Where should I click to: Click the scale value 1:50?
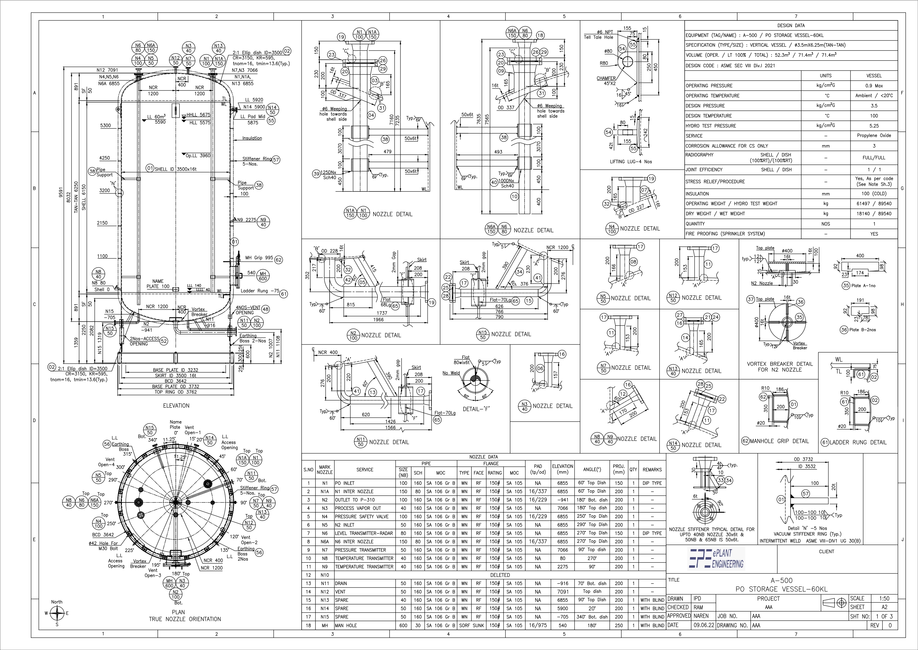coord(884,598)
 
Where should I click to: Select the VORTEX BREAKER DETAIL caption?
coord(779,367)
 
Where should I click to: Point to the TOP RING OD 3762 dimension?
coord(176,392)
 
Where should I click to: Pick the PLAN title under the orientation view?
coord(178,612)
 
